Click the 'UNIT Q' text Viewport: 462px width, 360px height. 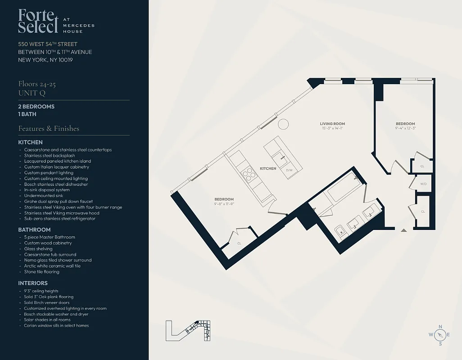pos(32,93)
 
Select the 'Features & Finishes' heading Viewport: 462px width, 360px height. pos(49,129)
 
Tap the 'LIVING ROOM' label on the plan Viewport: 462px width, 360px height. pos(332,124)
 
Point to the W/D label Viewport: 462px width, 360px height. pos(423,184)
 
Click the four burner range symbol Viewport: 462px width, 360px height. pos(248,174)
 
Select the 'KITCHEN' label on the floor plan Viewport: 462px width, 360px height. pos(268,169)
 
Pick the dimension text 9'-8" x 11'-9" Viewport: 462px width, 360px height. pos(224,204)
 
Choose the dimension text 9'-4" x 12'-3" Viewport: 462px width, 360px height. pos(405,128)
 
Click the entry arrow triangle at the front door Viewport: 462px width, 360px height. pos(404,230)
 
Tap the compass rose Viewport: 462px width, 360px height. pos(440,334)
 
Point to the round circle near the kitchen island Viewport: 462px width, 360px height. pos(283,124)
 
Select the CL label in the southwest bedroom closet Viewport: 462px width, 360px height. pos(239,243)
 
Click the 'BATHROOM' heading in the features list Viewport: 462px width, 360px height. pos(34,230)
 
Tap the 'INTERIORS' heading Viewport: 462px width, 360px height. pos(33,283)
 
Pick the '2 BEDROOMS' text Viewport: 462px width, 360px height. pos(36,107)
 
